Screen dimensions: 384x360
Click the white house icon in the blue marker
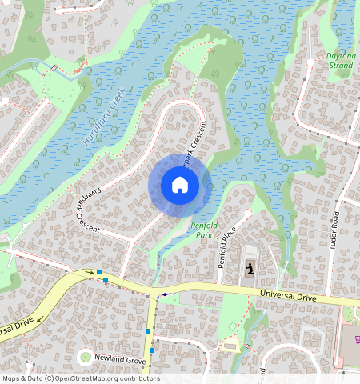[x=180, y=186]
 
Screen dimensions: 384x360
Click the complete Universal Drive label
[x=288, y=297]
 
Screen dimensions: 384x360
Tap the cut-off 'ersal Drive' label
[x=16, y=329]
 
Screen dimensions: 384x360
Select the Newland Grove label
[x=120, y=360]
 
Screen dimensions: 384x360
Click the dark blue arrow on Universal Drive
[x=165, y=295]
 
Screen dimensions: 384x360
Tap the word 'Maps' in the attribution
[x=12, y=378]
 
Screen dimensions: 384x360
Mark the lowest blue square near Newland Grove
[x=151, y=350]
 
